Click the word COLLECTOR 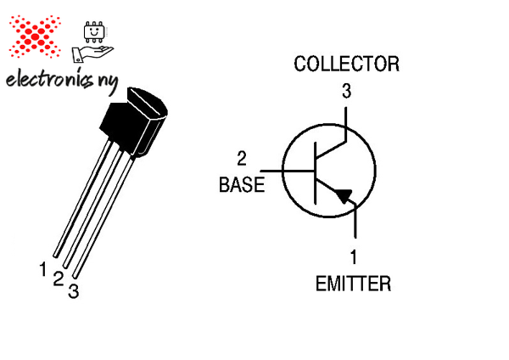[x=345, y=64]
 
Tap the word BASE [x=242, y=184]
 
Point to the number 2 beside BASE [x=242, y=158]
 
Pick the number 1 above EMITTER [x=354, y=256]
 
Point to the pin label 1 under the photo [x=42, y=269]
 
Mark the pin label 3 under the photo [x=74, y=291]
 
